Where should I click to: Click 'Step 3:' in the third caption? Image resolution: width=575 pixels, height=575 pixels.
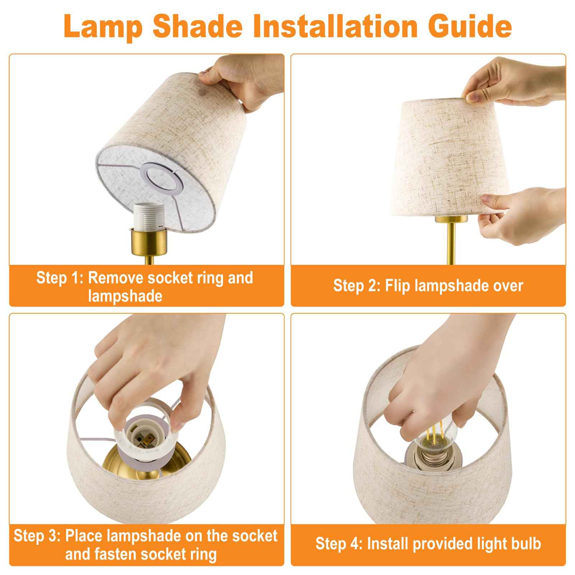(37, 536)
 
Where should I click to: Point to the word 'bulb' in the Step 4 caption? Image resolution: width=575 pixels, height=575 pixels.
(526, 544)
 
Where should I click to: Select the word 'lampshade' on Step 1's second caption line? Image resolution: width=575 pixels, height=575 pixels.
(125, 296)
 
